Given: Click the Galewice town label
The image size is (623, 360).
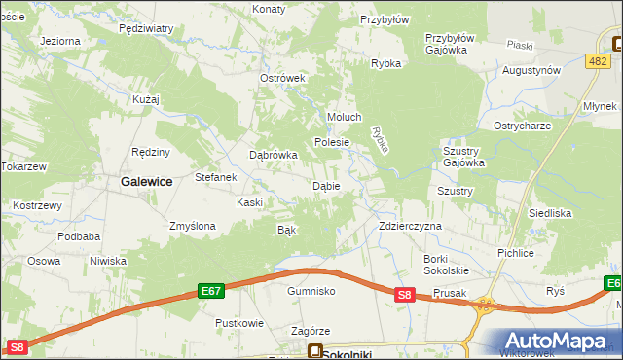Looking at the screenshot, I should pyautogui.click(x=146, y=181).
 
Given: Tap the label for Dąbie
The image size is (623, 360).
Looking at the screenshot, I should pyautogui.click(x=325, y=186).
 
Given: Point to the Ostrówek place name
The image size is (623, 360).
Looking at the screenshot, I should pyautogui.click(x=283, y=79).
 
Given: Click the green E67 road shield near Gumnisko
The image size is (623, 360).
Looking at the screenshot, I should pyautogui.click(x=212, y=290).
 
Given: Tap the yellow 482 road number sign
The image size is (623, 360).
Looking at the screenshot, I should pyautogui.click(x=599, y=61).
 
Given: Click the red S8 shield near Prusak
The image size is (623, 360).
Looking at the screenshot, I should pyautogui.click(x=407, y=295).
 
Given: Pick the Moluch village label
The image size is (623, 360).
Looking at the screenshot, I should pyautogui.click(x=345, y=118).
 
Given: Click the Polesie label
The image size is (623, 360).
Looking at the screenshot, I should pyautogui.click(x=331, y=142).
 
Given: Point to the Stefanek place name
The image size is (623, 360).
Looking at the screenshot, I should pyautogui.click(x=216, y=178).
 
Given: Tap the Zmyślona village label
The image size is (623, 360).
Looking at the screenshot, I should pyautogui.click(x=192, y=226).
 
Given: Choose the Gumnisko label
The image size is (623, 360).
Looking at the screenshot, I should pyautogui.click(x=311, y=291).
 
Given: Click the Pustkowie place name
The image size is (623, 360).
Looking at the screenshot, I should pyautogui.click(x=239, y=322).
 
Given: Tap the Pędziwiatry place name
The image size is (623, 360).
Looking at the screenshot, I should pyautogui.click(x=146, y=29).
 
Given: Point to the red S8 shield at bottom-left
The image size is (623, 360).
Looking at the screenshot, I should pyautogui.click(x=17, y=347).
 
